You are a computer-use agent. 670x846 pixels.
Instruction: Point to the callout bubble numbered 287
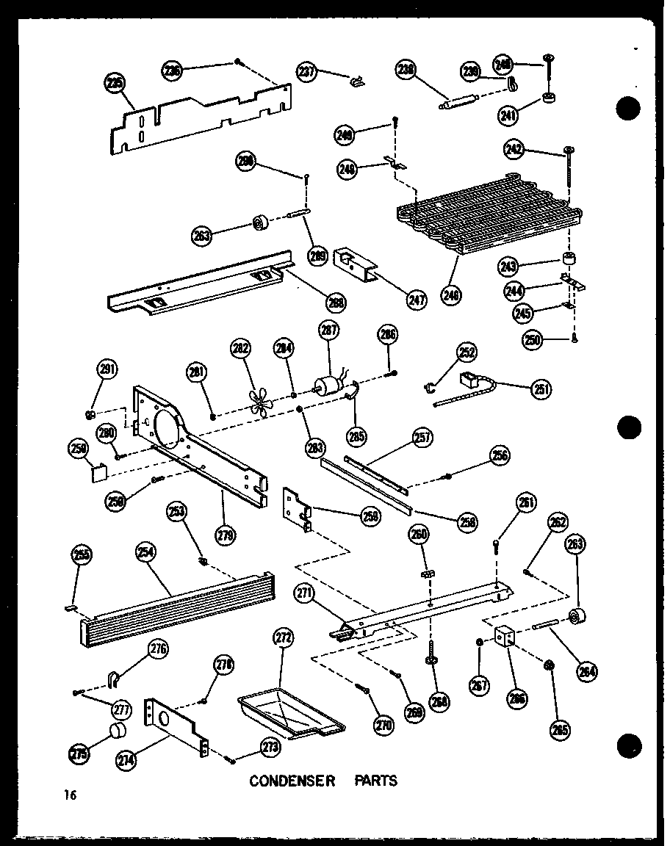pos(330,331)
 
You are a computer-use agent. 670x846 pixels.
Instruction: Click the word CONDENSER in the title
pos(292,781)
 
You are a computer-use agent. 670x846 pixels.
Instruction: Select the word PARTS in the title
pos(376,781)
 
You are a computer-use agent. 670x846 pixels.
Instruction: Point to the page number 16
pos(69,795)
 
